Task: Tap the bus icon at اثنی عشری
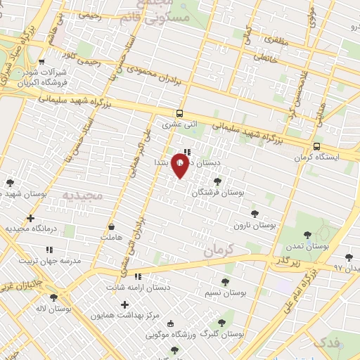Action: click(x=180, y=113)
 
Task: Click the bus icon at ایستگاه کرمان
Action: click(x=317, y=146)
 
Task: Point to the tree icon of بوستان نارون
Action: click(x=255, y=214)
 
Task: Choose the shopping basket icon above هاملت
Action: click(x=112, y=227)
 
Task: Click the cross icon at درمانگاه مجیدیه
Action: click(x=30, y=218)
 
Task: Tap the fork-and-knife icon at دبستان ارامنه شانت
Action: click(x=138, y=276)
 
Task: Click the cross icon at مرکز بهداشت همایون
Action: click(x=124, y=305)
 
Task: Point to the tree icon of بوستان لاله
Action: click(x=53, y=297)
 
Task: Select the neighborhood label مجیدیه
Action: click(x=82, y=194)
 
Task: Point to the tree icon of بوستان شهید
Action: click(x=10, y=184)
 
